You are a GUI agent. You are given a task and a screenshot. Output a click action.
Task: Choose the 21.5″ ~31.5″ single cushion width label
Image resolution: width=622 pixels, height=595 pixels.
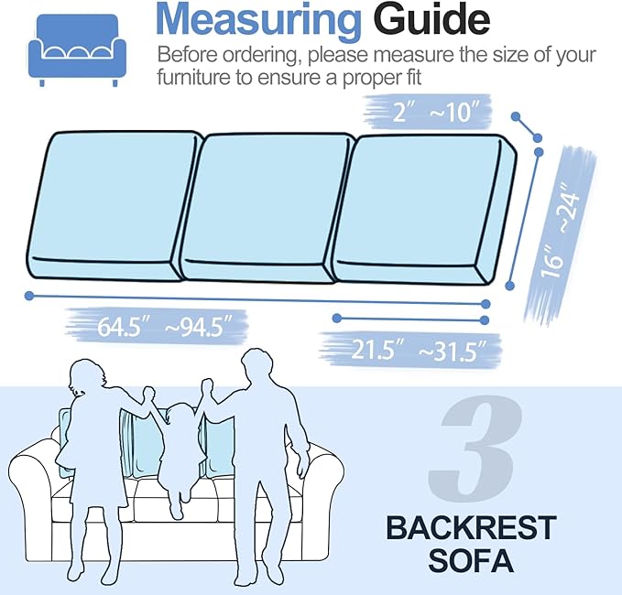click(413, 349)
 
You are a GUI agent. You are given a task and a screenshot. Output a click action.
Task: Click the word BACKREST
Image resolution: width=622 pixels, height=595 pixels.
click(470, 528)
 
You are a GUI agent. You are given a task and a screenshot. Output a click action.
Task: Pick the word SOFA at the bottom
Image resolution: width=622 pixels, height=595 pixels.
click(470, 557)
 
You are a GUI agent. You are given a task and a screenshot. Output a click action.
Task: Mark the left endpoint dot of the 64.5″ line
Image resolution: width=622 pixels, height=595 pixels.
click(30, 296)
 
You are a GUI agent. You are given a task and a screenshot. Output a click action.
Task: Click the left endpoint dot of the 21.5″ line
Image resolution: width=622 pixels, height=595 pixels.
click(337, 319)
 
